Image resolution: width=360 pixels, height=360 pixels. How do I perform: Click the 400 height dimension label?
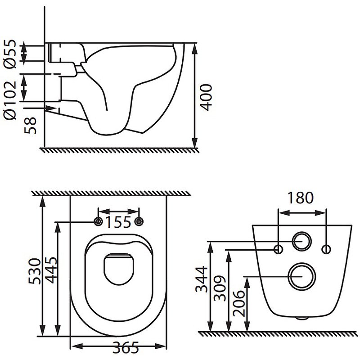(x=206, y=98)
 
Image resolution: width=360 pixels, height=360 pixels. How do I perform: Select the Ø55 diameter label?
(x=10, y=54)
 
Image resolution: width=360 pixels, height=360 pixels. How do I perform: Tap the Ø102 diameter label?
(x=10, y=100)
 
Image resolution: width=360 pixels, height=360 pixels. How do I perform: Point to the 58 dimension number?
(x=30, y=126)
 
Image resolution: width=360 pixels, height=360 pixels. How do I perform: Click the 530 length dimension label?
(x=35, y=271)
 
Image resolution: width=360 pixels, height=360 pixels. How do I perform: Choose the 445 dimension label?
(x=51, y=270)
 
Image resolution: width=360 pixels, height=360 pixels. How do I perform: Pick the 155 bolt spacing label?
(x=118, y=222)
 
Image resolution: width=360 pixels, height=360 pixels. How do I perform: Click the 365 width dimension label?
(x=126, y=347)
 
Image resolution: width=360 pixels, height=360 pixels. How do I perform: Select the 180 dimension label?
(x=300, y=198)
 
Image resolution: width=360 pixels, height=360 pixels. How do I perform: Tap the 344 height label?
(x=201, y=279)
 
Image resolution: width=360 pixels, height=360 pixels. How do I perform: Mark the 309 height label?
(x=220, y=288)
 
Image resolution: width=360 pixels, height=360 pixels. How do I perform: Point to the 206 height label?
(x=238, y=303)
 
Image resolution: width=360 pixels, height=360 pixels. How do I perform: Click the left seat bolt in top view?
(x=98, y=221)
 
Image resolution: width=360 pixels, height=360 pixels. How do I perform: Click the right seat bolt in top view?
(x=139, y=221)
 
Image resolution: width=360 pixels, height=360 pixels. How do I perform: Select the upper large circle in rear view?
(x=302, y=241)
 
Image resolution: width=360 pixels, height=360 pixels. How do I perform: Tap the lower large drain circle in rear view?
(x=302, y=276)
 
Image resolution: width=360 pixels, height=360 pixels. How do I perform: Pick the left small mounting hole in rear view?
(x=279, y=249)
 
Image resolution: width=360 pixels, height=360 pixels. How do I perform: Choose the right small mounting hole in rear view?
(x=326, y=249)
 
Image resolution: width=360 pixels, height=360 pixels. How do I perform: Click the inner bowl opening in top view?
(x=119, y=269)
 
